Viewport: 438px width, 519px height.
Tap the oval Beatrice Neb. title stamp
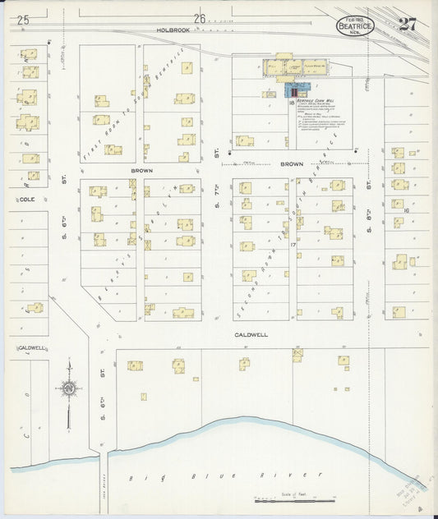[x=354, y=26]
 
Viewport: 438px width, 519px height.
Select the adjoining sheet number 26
[x=200, y=19]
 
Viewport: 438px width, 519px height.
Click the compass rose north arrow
[x=70, y=388]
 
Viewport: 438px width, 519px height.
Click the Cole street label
[x=27, y=199]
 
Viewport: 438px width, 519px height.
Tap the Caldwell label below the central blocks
[x=252, y=335]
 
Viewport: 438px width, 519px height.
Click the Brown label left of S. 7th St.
[x=141, y=170]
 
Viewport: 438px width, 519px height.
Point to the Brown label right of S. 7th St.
[x=292, y=164]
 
